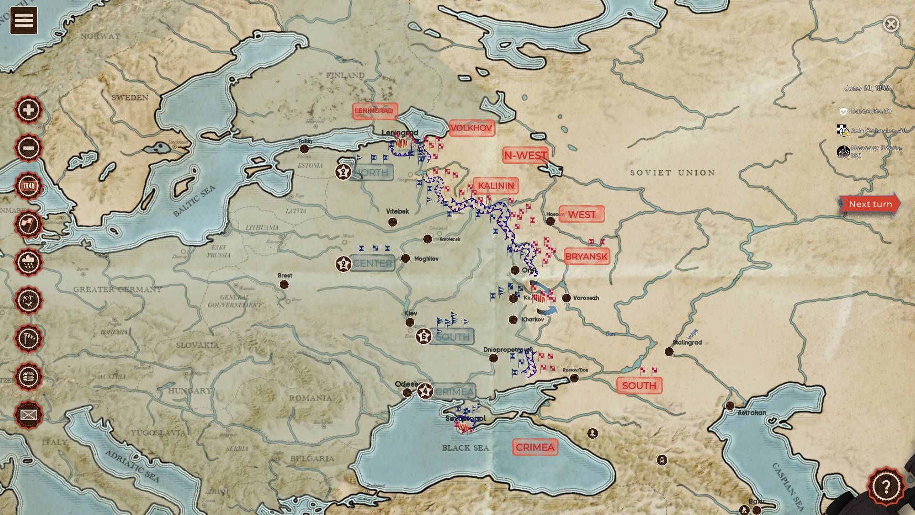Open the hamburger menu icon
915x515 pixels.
click(24, 21)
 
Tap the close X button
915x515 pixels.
click(891, 24)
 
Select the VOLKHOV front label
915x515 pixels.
click(471, 128)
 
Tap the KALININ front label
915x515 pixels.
click(496, 185)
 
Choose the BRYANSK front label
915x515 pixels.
click(587, 257)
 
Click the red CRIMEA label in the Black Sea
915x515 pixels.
click(535, 447)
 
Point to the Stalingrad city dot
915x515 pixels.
click(669, 351)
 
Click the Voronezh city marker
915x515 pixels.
click(566, 298)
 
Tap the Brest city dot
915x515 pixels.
click(284, 285)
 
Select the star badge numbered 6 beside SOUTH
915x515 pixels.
click(424, 336)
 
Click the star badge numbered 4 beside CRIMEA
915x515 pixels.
click(425, 391)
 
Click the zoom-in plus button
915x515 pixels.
click(29, 110)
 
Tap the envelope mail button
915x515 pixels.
click(29, 415)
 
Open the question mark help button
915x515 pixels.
click(885, 487)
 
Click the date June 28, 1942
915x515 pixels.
click(866, 88)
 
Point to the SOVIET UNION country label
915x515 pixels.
click(672, 173)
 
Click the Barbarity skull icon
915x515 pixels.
click(843, 112)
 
